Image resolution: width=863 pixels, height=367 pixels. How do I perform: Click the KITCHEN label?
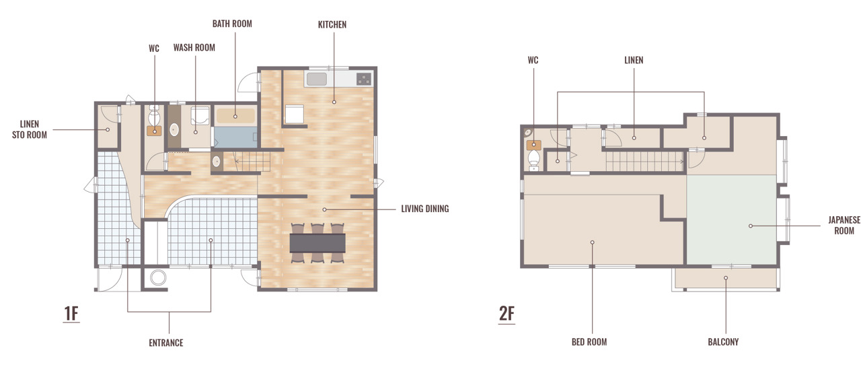(332, 25)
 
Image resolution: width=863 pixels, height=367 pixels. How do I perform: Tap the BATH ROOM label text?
(232, 24)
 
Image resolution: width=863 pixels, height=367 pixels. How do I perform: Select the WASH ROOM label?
(194, 48)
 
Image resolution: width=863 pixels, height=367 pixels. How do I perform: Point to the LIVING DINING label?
(425, 209)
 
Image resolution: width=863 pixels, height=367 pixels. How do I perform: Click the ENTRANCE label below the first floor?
(166, 343)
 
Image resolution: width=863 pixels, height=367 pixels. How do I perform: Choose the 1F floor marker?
(71, 313)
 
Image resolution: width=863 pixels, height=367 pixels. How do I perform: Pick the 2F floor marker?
(506, 313)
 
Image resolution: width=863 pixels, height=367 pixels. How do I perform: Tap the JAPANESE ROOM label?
(844, 226)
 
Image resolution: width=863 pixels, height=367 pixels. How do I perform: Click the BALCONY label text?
(723, 342)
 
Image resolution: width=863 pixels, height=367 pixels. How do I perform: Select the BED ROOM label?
(589, 342)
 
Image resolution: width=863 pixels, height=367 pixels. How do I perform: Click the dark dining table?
(317, 243)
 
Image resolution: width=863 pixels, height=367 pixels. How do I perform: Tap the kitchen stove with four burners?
(364, 79)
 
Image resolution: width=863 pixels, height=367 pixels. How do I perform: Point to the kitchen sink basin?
(317, 79)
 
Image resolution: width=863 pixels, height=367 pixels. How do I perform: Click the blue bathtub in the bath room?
(235, 137)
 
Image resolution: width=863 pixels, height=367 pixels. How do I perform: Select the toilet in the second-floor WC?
(533, 159)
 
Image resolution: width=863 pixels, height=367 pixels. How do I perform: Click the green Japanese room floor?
(731, 220)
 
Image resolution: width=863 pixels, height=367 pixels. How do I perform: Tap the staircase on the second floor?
(644, 161)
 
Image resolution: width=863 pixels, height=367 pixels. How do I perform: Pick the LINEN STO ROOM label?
(30, 129)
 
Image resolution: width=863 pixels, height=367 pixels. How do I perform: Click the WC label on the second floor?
(533, 61)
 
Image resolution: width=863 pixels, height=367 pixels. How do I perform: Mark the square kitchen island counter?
(295, 114)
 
